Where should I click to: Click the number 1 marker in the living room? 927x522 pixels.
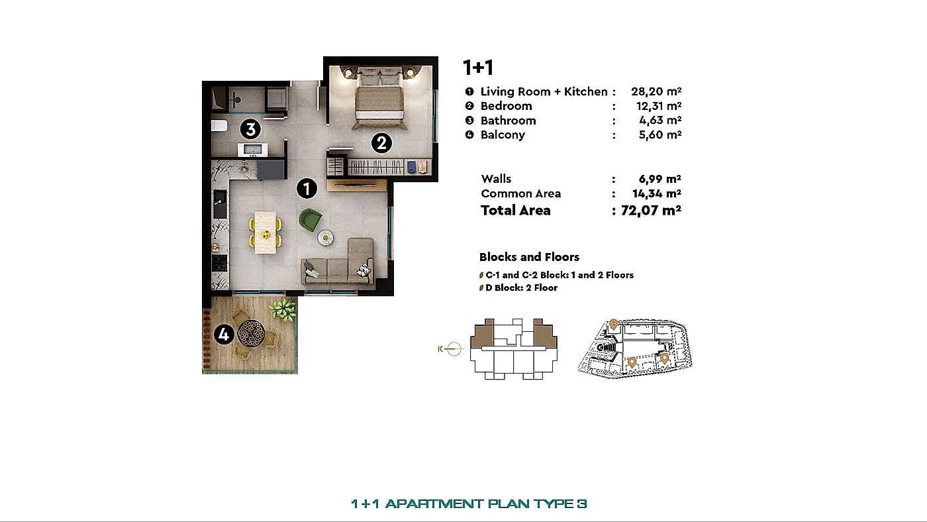tap(307, 189)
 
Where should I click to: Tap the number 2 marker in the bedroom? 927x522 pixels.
tap(381, 143)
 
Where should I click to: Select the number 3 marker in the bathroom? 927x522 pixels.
tap(250, 129)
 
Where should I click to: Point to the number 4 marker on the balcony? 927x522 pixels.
tap(224, 334)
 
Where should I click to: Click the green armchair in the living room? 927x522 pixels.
tap(311, 220)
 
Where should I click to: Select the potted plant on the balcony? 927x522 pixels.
tap(283, 309)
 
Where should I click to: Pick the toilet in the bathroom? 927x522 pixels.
tap(219, 125)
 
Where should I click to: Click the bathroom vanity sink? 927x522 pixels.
tap(253, 150)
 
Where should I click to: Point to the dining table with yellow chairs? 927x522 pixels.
tap(266, 233)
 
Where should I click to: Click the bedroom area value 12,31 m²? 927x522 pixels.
tap(658, 106)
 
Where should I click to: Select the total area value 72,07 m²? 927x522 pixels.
tap(651, 210)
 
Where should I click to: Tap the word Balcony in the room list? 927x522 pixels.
tap(503, 135)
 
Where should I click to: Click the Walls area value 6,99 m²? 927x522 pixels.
tap(659, 179)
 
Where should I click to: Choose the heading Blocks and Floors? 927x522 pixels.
tap(529, 257)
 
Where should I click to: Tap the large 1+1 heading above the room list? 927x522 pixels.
tap(478, 68)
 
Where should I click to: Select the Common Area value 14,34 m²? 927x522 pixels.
tap(657, 193)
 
